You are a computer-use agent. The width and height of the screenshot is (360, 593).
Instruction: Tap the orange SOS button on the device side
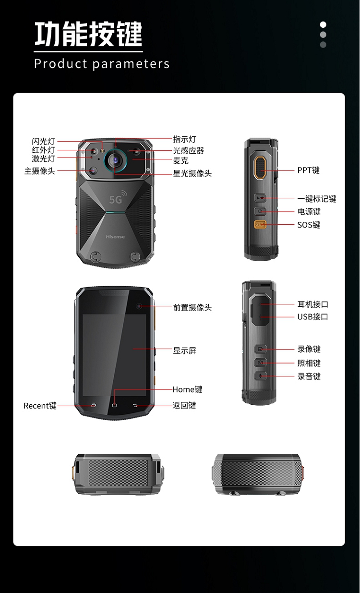260,225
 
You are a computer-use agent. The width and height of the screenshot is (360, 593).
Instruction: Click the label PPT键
308,170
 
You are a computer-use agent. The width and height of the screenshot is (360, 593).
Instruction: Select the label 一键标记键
317,199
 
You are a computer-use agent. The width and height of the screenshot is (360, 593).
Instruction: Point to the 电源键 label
309,212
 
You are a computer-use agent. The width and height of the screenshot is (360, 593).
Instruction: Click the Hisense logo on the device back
115,237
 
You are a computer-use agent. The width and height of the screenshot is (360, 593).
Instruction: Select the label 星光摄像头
192,173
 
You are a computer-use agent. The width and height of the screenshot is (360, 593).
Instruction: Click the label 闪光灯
43,141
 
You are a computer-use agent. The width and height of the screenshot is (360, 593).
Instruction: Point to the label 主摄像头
39,171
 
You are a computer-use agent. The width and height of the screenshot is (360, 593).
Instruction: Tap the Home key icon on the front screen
114,406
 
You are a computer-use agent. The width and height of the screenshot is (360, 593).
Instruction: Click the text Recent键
40,406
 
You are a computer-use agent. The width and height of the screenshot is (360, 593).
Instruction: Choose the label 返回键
184,405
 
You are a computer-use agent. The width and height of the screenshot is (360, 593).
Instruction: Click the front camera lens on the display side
139,306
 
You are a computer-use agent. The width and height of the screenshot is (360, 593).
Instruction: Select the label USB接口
312,316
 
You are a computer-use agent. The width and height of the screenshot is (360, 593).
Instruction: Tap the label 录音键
309,376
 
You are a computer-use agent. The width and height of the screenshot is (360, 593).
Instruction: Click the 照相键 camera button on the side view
261,363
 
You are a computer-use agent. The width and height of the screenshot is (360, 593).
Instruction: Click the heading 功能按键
88,34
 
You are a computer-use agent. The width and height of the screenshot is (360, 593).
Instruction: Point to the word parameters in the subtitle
131,64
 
